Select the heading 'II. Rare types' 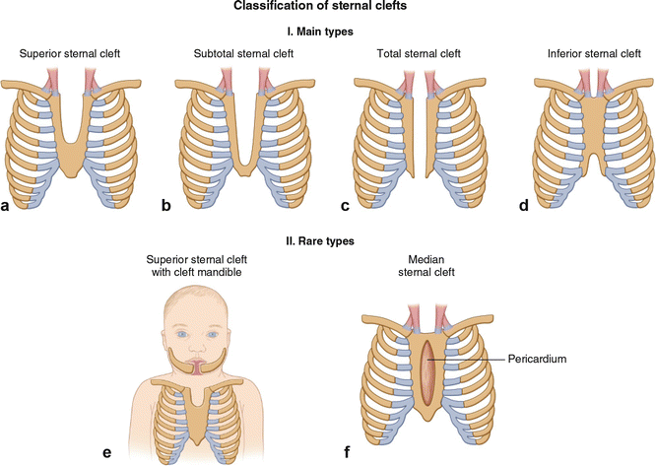pyautogui.click(x=328, y=238)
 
